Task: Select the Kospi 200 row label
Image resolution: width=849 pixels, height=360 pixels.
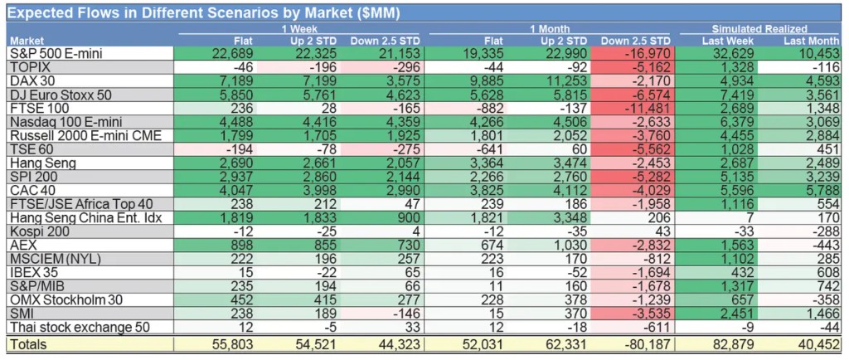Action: click(40, 231)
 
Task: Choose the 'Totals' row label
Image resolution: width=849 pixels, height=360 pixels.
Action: click(29, 343)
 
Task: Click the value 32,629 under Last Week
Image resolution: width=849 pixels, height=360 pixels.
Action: click(731, 53)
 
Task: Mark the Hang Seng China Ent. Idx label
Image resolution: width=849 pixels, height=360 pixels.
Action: click(80, 218)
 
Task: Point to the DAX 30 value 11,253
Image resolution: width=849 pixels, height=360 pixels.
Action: click(564, 81)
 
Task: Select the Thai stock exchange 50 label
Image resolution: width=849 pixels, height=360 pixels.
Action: click(80, 327)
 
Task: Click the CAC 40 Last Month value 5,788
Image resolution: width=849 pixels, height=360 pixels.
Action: click(817, 191)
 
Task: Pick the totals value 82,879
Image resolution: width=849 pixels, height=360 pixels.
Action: click(730, 343)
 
